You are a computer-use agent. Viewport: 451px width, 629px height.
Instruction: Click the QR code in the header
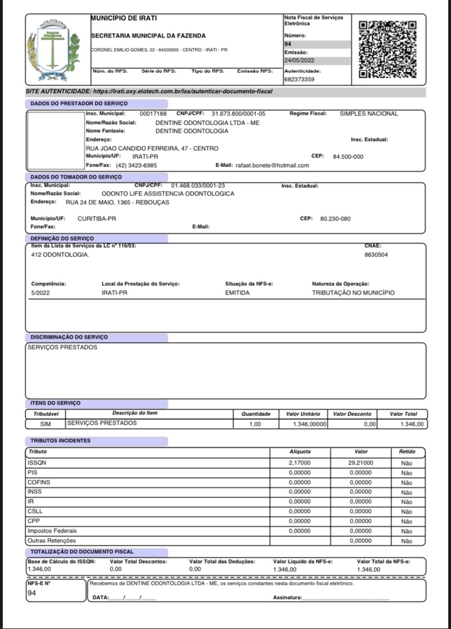[x=388, y=48]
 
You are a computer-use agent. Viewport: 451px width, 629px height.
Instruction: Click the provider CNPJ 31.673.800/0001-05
[x=239, y=114]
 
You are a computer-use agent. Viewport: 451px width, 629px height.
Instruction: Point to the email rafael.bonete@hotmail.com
[x=272, y=166]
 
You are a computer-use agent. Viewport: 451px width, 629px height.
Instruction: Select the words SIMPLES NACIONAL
[x=369, y=114]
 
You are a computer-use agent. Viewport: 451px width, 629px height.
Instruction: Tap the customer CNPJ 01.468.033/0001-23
[x=198, y=186]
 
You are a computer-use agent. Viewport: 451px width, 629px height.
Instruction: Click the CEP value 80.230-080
[x=336, y=219]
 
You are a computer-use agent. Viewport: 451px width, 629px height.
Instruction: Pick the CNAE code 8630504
[x=376, y=254]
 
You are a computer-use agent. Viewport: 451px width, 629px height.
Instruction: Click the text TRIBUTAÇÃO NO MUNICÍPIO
[x=354, y=292]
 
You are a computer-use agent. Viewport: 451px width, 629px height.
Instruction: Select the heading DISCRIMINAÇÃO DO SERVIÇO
[x=69, y=338]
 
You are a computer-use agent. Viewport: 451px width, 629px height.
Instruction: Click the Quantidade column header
[x=255, y=414]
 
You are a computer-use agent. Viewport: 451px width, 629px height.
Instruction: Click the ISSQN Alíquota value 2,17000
[x=300, y=462]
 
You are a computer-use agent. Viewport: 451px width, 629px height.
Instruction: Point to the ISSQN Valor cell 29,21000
[x=361, y=462]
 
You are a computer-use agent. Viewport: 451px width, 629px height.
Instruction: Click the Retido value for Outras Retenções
[x=406, y=541]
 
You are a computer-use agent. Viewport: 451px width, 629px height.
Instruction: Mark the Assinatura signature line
[x=345, y=599]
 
